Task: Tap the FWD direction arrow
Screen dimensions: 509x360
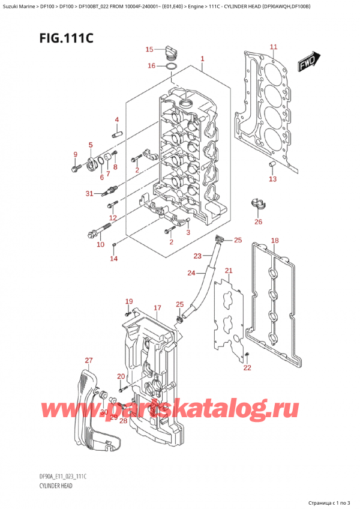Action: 310,61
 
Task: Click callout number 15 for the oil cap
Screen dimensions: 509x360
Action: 149,49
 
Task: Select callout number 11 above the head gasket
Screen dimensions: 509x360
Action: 273,47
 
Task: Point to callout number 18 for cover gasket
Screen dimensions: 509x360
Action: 275,241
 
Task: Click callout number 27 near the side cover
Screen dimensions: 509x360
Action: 89,361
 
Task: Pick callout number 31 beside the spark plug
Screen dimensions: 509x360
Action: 89,193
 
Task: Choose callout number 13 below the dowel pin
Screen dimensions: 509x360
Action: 272,179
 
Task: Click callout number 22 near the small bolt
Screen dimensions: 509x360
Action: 247,368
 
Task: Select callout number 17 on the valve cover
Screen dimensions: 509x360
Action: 157,308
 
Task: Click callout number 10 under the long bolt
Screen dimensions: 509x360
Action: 100,244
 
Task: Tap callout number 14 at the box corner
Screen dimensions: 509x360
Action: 113,258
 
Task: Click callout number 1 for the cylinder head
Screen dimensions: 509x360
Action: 203,59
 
